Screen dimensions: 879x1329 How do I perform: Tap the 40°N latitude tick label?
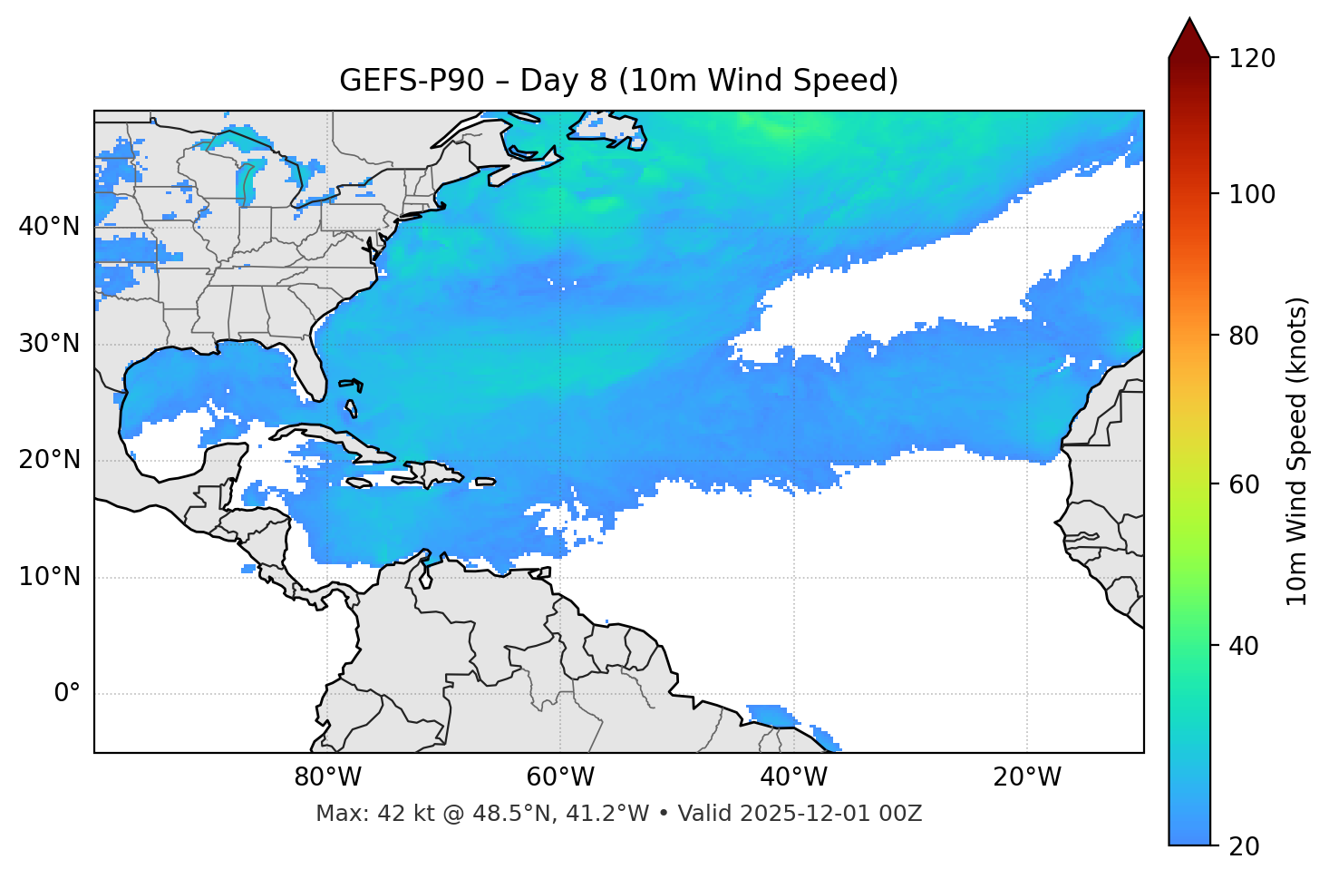[49, 227]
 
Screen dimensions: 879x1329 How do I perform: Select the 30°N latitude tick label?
[49, 344]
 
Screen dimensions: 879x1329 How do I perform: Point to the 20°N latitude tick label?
[49, 460]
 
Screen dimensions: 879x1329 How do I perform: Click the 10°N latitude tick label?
[49, 577]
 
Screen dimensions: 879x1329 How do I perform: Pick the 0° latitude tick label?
[67, 694]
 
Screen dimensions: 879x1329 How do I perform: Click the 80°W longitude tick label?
[327, 777]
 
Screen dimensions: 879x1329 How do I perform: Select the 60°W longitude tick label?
[560, 777]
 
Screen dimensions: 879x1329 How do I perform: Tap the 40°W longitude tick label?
[793, 777]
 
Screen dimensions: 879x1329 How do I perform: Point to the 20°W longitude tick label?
[1026, 777]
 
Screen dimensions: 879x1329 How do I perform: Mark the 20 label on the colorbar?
[1245, 846]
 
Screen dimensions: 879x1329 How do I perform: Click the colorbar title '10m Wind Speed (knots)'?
[1297, 451]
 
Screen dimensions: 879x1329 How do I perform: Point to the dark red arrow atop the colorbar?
[1189, 39]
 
